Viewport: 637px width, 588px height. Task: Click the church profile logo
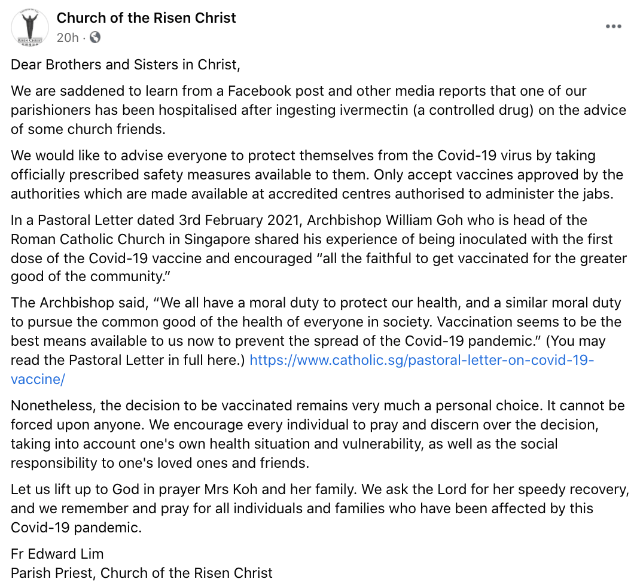click(x=31, y=28)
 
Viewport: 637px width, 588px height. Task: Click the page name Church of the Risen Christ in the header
click(x=146, y=18)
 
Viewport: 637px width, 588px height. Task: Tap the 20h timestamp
click(x=68, y=38)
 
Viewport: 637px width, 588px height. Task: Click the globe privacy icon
click(x=95, y=38)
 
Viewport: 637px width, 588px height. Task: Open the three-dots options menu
click(x=613, y=26)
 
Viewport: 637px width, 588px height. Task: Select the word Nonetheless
click(x=53, y=406)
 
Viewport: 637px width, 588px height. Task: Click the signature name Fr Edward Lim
click(x=57, y=553)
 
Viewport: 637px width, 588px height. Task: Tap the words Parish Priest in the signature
click(x=53, y=572)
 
